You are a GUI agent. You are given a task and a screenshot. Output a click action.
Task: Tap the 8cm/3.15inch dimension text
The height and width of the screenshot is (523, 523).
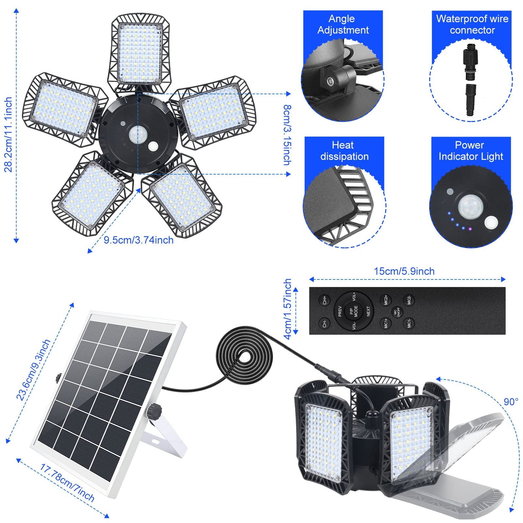[287, 135]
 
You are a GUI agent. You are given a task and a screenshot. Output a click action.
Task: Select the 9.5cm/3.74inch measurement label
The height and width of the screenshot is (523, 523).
[139, 240]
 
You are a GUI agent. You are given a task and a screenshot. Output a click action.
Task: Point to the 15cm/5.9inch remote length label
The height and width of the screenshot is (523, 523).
[404, 271]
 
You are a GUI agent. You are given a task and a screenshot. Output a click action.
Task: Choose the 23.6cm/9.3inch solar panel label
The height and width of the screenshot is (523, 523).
[33, 370]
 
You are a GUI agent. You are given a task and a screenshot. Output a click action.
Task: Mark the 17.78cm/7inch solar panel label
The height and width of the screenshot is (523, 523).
[67, 483]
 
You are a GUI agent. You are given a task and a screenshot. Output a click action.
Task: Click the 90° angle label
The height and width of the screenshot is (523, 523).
[511, 402]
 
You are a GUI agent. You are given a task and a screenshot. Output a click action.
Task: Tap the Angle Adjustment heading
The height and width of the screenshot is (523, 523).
[343, 24]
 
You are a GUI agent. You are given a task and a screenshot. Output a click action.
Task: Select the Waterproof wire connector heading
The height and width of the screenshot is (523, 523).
[472, 24]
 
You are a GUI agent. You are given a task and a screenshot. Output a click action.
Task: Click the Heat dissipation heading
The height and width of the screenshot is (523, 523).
[344, 151]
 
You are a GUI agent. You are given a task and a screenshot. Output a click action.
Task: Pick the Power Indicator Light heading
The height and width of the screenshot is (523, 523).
[471, 151]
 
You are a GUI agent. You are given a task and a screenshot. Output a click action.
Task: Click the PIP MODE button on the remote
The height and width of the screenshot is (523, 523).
[353, 311]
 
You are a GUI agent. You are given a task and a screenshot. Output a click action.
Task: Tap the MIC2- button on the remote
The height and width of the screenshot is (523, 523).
[409, 300]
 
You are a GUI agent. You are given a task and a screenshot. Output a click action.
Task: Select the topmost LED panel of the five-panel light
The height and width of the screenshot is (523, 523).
[139, 53]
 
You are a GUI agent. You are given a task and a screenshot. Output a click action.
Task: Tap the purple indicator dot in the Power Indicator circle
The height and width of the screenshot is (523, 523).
[470, 229]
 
